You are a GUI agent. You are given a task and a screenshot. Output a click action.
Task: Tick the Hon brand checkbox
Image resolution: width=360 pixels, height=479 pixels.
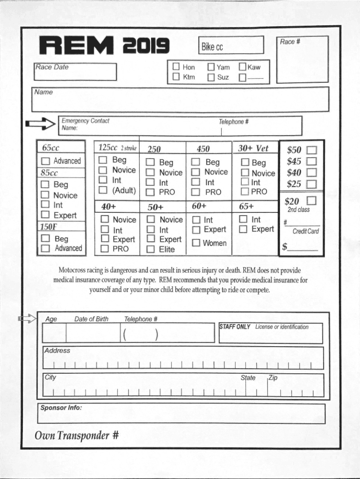(176, 67)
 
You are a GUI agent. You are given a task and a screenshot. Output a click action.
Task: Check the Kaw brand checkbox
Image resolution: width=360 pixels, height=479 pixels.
(242, 67)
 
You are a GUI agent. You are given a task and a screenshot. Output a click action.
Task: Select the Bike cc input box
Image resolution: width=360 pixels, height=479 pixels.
(231, 46)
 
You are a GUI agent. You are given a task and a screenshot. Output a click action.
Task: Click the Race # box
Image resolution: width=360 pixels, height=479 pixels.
(302, 59)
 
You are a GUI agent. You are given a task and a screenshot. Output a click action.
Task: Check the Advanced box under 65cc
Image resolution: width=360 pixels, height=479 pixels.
(46, 161)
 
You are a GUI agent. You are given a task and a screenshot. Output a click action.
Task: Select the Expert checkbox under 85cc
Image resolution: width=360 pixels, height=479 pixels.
(45, 215)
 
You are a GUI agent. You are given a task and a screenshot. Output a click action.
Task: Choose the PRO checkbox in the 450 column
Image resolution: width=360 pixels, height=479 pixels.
(196, 192)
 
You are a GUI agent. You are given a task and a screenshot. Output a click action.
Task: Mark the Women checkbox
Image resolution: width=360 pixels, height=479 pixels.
(196, 243)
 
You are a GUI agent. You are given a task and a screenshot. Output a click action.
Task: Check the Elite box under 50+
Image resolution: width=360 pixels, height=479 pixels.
(151, 249)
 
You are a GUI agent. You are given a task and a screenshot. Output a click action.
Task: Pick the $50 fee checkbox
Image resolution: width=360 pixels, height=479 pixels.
(311, 151)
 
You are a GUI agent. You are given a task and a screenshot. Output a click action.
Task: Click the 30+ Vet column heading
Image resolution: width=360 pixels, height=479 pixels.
(253, 148)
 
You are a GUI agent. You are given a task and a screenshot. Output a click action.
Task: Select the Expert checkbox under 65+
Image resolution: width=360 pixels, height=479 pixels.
(243, 229)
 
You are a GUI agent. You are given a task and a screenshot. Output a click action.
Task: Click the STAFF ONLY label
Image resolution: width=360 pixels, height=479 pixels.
(235, 327)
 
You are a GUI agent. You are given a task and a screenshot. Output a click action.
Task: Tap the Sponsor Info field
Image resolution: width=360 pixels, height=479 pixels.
(180, 414)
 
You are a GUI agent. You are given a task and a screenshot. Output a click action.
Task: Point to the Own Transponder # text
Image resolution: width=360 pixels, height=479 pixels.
(77, 436)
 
